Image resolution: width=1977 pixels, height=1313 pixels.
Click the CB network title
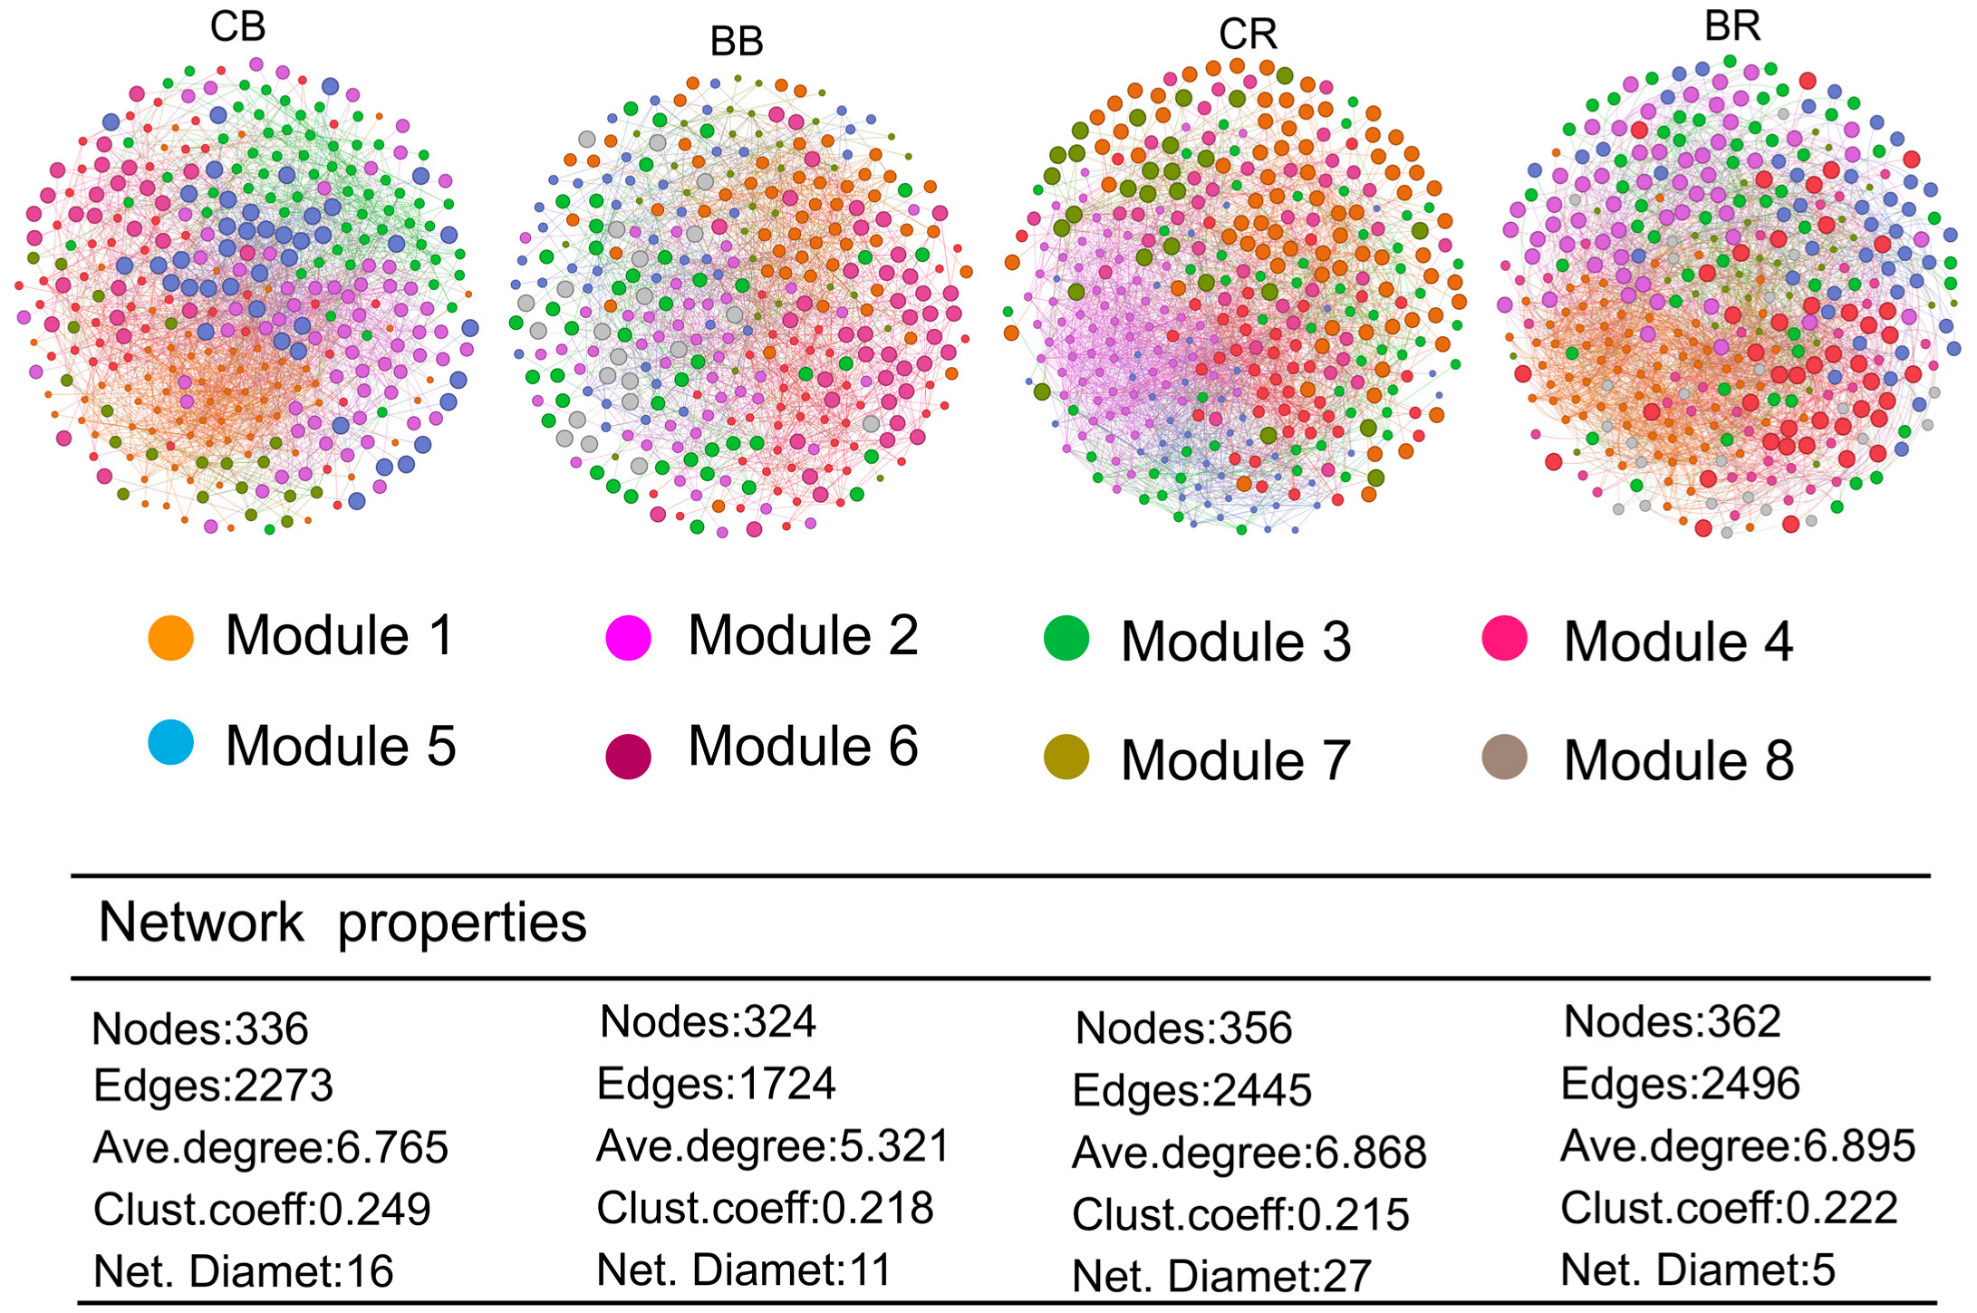238,26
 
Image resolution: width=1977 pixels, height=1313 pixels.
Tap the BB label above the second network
737,42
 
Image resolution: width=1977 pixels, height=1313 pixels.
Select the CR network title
1248,34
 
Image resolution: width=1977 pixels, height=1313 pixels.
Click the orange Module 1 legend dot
170,637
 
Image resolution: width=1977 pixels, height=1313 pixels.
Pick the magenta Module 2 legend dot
628,637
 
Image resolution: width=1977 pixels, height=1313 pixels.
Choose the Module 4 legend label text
1678,642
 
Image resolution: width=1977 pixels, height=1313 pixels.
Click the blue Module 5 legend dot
170,743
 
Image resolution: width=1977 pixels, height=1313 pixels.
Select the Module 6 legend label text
803,746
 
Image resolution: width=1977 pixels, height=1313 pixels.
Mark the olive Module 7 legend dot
1066,758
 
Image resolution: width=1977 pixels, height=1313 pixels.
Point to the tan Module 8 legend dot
1504,758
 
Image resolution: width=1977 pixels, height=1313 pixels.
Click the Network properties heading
342,922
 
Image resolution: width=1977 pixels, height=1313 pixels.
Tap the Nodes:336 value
200,1029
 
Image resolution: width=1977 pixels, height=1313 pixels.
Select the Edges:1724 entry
716,1084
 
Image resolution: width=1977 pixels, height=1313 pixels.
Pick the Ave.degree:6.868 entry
1249,1153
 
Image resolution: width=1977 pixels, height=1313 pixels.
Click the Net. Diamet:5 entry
1697,1270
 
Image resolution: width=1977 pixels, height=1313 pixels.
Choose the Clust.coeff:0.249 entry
262,1209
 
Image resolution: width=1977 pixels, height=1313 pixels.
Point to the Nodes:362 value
1672,1022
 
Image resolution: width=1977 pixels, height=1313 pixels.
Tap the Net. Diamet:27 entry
1221,1276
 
